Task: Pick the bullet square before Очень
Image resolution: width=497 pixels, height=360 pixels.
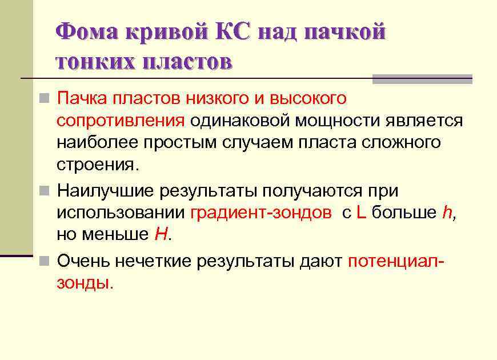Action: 45,262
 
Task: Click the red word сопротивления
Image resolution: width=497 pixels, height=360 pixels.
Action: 121,121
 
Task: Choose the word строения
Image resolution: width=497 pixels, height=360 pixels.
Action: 97,165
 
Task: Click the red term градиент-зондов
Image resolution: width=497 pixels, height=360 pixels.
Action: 260,213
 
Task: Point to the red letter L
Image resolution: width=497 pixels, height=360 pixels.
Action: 360,212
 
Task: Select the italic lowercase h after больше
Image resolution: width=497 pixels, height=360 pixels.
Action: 447,212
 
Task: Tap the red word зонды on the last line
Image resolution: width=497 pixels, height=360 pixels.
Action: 84,283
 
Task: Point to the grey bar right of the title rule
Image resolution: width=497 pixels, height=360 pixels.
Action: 422,79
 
